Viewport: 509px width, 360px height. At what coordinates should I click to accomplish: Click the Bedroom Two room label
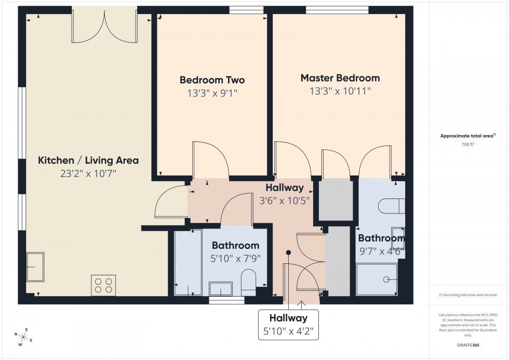pos(212,80)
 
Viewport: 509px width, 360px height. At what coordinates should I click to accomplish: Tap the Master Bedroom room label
pos(340,78)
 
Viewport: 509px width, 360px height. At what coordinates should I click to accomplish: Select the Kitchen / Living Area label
pos(88,160)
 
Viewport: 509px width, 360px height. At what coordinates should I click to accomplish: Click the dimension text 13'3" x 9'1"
pos(212,94)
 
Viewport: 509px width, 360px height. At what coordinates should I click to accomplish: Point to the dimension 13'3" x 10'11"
pos(340,91)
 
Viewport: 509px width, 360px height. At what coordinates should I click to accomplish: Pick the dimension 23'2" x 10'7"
pos(88,174)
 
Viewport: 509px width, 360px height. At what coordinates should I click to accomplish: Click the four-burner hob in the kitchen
pos(103,284)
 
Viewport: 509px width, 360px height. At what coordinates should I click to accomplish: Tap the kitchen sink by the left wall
pos(35,266)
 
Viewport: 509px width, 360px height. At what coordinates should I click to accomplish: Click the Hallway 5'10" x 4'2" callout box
pos(288,325)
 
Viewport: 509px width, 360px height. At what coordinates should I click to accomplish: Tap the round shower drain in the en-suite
pos(386,279)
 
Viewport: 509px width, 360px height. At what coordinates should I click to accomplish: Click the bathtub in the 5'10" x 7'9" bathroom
pos(187,262)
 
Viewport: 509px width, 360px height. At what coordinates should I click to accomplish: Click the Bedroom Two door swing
pos(210,158)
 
